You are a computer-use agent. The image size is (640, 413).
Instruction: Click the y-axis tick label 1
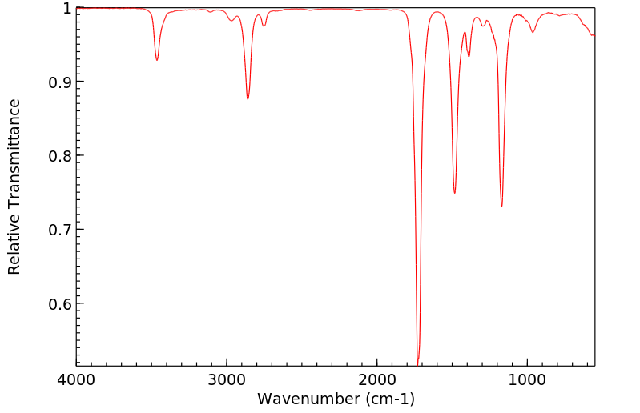click(x=66, y=9)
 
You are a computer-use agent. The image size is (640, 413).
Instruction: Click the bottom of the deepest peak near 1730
click(x=418, y=363)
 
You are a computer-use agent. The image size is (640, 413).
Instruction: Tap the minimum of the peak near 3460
click(x=157, y=60)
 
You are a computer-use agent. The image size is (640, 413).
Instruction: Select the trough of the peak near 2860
click(x=248, y=98)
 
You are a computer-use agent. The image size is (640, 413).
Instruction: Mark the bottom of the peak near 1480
click(x=454, y=193)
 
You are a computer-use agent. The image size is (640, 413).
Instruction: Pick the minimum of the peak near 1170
click(x=501, y=206)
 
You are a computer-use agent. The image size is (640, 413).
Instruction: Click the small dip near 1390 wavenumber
click(x=469, y=56)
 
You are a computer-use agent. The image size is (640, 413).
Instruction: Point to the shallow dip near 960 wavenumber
click(x=533, y=32)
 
